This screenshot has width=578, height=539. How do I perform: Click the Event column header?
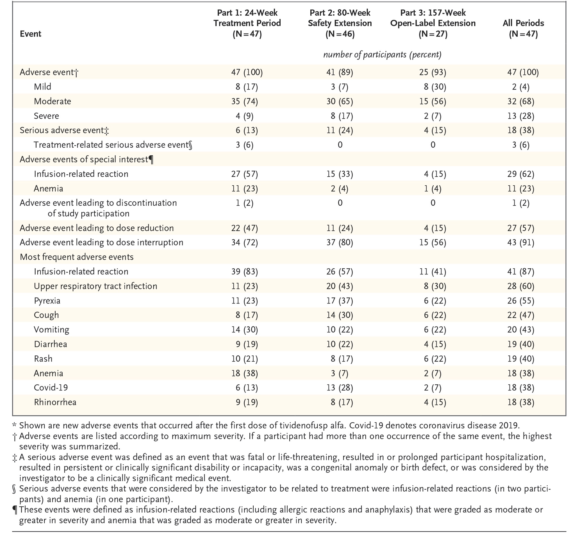(30, 34)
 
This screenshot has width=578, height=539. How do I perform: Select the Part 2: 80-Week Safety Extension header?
(340, 23)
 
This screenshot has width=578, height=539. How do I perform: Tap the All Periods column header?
(523, 28)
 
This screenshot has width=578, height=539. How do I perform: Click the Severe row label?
(46, 116)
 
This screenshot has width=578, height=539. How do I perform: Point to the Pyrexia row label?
(47, 300)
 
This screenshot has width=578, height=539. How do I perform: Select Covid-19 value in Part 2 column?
(340, 388)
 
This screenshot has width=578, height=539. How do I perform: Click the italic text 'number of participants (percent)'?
(382, 55)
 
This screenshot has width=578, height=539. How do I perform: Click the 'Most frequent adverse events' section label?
(76, 257)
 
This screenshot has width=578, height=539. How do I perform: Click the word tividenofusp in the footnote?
(305, 425)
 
